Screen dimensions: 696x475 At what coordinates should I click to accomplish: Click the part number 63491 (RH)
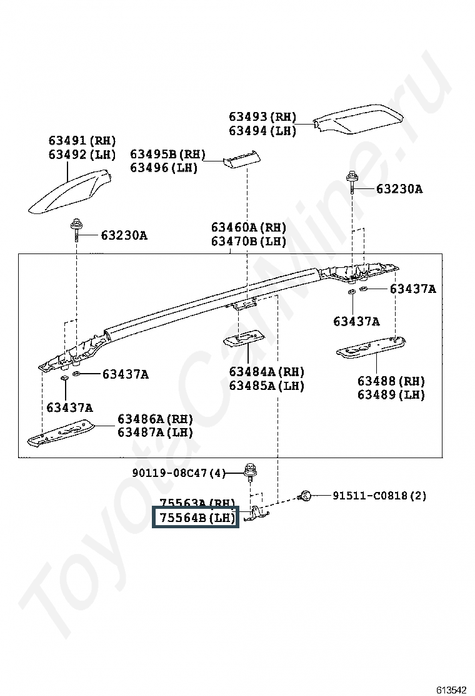coord(82,141)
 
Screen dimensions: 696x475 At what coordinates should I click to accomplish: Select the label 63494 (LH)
coord(262,131)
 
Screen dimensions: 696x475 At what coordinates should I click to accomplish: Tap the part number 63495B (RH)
coord(167,154)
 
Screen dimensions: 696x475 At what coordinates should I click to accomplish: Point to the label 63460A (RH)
coord(248,227)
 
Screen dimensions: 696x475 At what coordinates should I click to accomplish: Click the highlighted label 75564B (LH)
coord(196,518)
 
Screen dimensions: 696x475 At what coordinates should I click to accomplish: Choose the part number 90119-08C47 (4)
coord(178,473)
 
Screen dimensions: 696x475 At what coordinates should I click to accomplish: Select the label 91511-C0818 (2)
coord(379,496)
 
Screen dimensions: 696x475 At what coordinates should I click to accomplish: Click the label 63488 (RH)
coord(391,381)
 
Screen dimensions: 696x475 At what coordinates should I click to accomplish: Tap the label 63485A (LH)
coord(266,386)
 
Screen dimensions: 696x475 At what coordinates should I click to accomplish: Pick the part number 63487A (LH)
coord(155,432)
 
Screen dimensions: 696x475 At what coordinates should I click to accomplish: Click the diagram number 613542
coord(451,689)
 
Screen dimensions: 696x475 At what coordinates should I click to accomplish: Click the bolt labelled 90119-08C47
coord(250,473)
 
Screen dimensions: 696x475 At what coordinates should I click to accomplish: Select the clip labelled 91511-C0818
coord(306,496)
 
